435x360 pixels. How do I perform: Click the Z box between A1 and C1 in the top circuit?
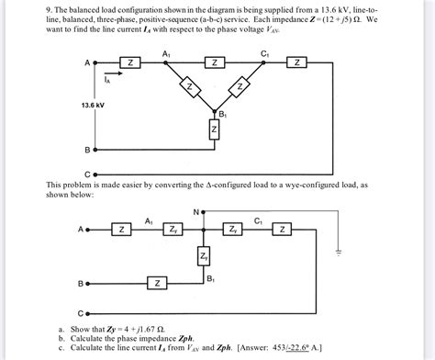[x=213, y=62]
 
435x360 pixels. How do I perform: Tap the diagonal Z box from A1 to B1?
[x=190, y=87]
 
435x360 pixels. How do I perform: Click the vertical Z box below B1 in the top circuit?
[x=214, y=131]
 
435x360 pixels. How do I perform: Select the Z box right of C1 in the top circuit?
[x=296, y=62]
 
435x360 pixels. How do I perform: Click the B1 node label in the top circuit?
[x=222, y=114]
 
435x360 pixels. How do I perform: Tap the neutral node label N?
[x=195, y=212]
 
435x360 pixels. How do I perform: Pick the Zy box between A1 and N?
[x=173, y=229]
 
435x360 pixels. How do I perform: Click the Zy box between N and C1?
[x=233, y=229]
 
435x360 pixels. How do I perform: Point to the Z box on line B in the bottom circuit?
[x=157, y=283]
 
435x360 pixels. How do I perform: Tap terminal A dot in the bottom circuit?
[x=88, y=229]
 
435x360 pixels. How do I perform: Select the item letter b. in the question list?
[x=61, y=338]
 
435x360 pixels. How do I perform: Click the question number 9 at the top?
[x=49, y=6]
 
